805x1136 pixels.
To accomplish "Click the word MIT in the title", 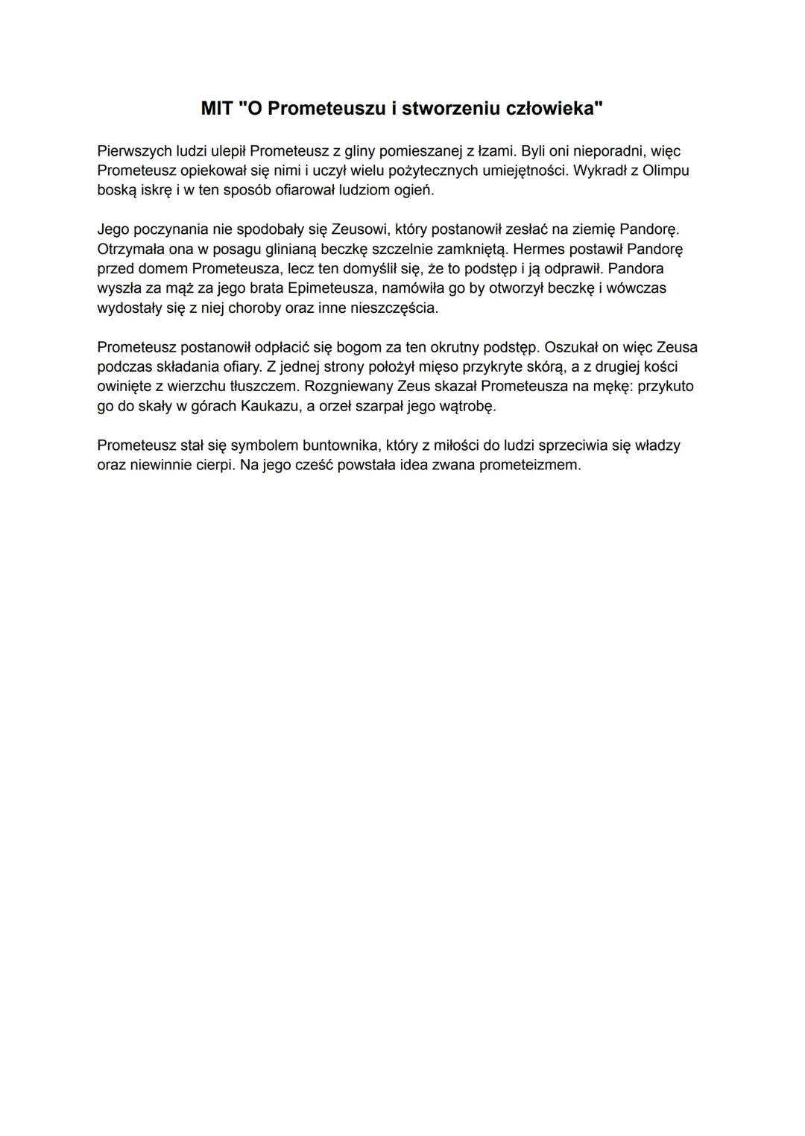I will pyautogui.click(x=217, y=109).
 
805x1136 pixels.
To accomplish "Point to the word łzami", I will pyautogui.click(x=496, y=151).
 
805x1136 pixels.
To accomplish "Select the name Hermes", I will pyautogui.click(x=539, y=249).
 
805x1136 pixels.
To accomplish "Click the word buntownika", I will pyautogui.click(x=341, y=445).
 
